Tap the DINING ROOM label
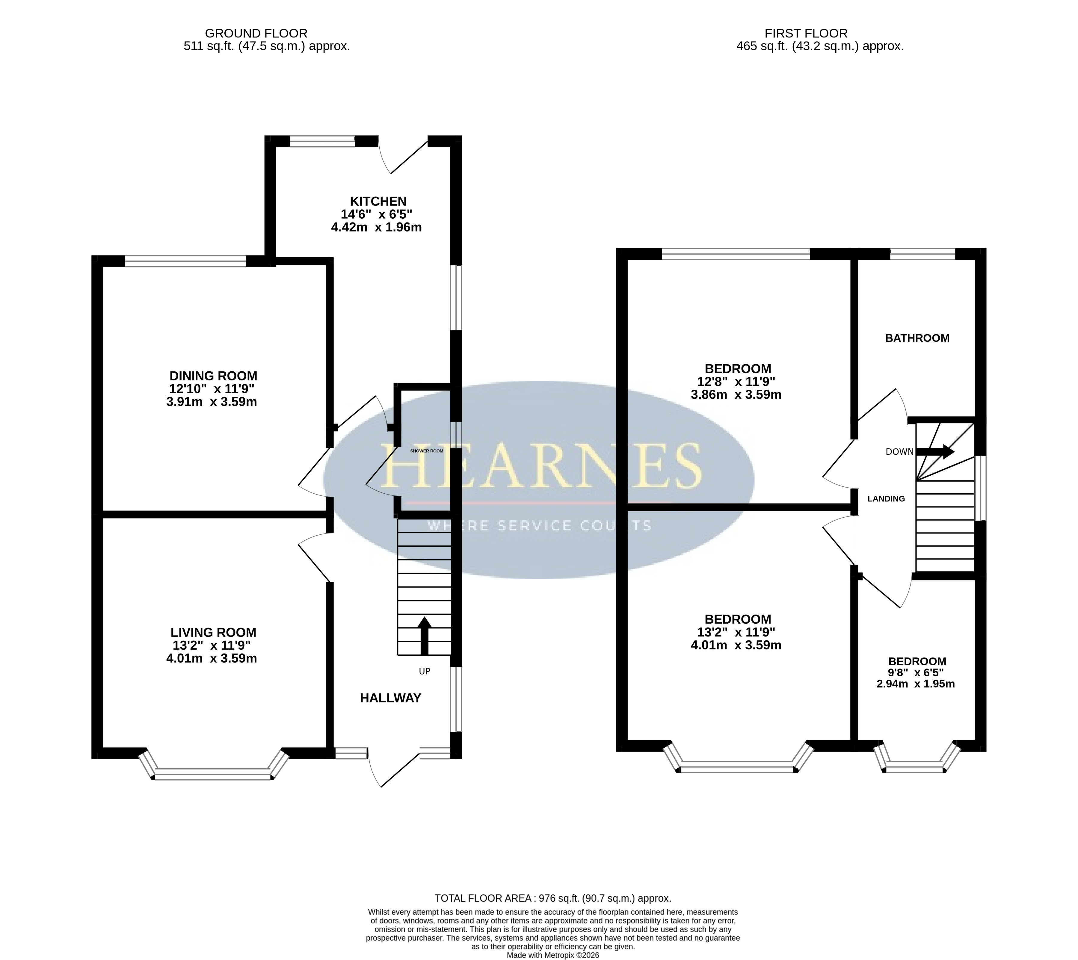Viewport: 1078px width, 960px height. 213,376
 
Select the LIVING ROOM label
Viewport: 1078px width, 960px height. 213,632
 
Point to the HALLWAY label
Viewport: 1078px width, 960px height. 390,699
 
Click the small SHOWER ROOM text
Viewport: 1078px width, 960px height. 426,451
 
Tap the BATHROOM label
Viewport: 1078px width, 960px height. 917,338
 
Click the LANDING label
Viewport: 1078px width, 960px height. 886,498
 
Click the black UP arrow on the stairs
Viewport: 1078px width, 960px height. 424,636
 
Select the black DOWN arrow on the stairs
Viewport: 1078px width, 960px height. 935,451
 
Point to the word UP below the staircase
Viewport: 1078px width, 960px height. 424,672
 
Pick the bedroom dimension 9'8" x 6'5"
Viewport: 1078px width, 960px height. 917,672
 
